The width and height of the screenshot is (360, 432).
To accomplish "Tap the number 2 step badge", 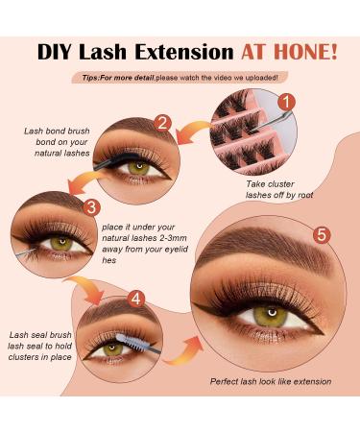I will [163, 123].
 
